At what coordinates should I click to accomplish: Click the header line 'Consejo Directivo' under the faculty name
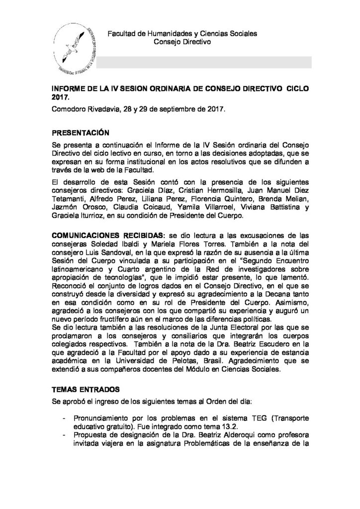[183, 43]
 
